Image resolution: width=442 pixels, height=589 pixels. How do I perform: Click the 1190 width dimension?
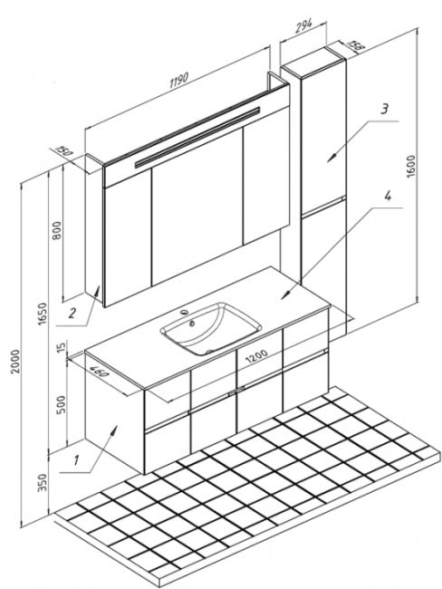click(178, 80)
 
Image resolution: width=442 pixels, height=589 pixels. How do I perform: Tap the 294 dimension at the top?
click(303, 25)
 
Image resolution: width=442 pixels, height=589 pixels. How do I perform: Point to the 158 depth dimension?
click(355, 44)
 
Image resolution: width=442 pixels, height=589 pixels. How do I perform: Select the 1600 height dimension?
click(411, 165)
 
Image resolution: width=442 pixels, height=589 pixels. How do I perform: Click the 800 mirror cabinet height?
click(57, 231)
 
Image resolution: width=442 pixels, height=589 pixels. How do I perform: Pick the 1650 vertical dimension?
click(43, 314)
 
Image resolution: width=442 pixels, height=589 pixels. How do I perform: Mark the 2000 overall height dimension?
click(15, 362)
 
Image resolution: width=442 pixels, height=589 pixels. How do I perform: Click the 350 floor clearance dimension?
click(43, 483)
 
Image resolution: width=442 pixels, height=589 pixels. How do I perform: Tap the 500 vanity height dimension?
click(60, 404)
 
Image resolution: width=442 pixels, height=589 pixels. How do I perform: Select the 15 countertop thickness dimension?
click(61, 345)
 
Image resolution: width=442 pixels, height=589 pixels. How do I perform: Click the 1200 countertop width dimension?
click(257, 356)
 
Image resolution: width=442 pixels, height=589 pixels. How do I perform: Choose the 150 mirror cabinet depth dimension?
click(63, 151)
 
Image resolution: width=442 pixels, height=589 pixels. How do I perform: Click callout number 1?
click(76, 459)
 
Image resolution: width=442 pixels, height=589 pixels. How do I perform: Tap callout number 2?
click(72, 313)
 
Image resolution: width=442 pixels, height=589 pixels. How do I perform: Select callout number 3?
click(384, 110)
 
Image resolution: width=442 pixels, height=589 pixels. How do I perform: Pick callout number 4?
click(387, 196)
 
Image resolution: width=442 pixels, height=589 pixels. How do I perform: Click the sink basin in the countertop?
click(210, 330)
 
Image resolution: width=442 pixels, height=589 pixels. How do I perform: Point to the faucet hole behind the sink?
click(184, 312)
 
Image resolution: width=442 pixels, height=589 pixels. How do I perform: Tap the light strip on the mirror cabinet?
click(197, 137)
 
